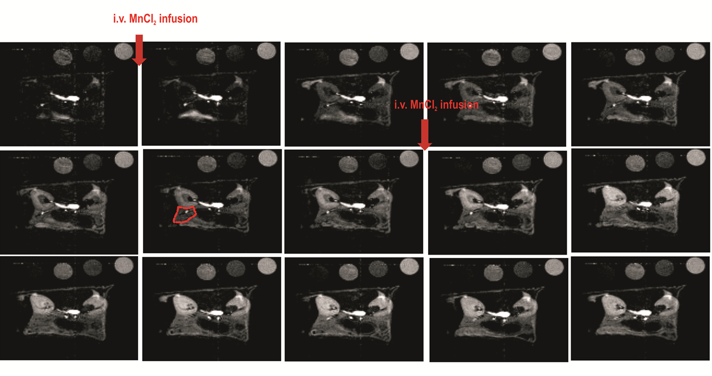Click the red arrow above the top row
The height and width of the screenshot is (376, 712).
click(139, 50)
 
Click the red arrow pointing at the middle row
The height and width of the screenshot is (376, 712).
click(425, 135)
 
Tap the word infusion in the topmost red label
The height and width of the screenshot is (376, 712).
click(178, 19)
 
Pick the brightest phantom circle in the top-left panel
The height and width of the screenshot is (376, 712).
click(124, 51)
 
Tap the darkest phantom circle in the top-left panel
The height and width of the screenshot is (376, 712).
click(92, 53)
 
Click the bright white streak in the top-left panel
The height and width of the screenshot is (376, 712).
click(65, 97)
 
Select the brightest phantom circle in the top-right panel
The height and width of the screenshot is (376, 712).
click(696, 51)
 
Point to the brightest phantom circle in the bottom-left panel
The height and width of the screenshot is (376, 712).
click(124, 265)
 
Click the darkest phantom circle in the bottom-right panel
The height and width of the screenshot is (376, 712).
click(665, 267)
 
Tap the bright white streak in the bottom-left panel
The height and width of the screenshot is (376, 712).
click(71, 312)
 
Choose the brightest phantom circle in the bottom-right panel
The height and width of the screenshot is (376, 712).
click(696, 265)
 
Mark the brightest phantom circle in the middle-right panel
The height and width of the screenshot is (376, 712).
click(696, 158)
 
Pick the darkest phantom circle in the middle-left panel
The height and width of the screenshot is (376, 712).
click(93, 162)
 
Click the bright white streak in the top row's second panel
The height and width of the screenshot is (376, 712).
click(208, 97)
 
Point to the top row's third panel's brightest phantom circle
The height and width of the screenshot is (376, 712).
click(409, 52)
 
